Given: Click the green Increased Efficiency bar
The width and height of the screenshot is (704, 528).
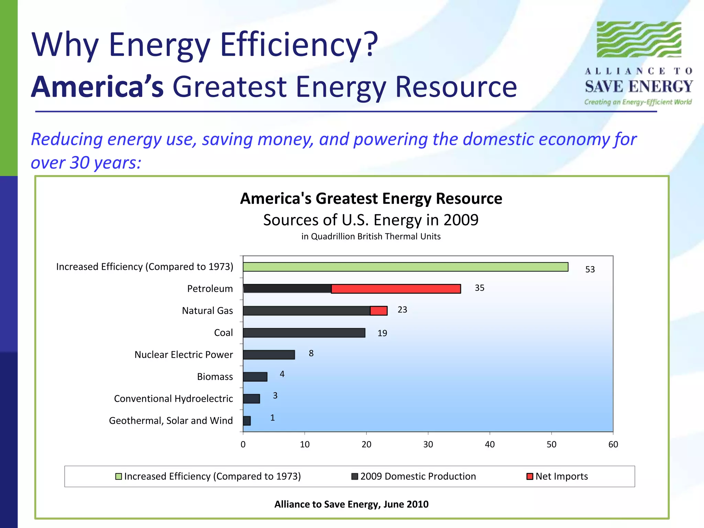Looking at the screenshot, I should [406, 267].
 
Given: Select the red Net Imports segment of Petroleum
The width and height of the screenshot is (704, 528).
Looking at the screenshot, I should [396, 289].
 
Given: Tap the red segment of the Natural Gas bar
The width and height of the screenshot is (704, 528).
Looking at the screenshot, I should [379, 311].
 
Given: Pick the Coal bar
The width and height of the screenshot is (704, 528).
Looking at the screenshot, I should [304, 333].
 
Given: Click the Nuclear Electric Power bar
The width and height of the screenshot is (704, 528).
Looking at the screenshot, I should [269, 355].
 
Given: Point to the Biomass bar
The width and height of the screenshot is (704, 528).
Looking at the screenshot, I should [255, 377].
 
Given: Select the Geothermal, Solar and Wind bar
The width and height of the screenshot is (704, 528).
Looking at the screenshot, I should [247, 421].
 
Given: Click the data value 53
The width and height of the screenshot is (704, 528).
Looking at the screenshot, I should [590, 269].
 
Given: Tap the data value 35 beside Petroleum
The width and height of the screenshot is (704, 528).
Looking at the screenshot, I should [480, 288].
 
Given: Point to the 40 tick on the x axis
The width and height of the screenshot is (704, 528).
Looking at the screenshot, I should [489, 444].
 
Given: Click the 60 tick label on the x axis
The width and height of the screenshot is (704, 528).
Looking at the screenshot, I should [613, 444].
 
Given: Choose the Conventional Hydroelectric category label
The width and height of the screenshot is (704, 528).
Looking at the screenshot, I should [173, 399].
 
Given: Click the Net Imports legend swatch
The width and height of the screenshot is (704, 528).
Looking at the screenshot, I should [530, 476].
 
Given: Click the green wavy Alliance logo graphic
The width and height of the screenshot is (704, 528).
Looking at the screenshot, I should [639, 39].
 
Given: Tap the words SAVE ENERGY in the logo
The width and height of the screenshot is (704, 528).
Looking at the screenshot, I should [639, 87].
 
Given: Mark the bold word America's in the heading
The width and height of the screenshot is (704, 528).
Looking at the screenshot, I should [98, 87].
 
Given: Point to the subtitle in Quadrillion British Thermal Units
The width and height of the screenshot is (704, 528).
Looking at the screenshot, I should [371, 236].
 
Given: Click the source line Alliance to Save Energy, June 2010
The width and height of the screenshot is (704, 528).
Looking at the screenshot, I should [351, 504].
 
